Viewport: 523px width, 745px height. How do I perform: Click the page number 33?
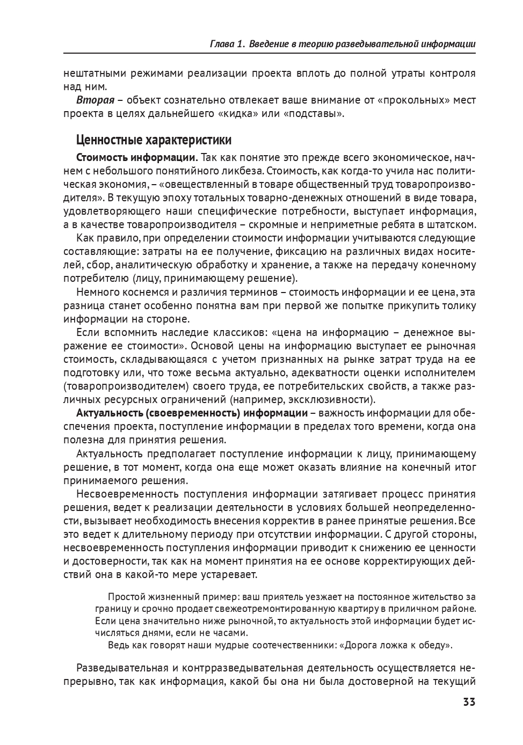pos(469,702)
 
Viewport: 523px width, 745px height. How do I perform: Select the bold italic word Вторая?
pos(95,100)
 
